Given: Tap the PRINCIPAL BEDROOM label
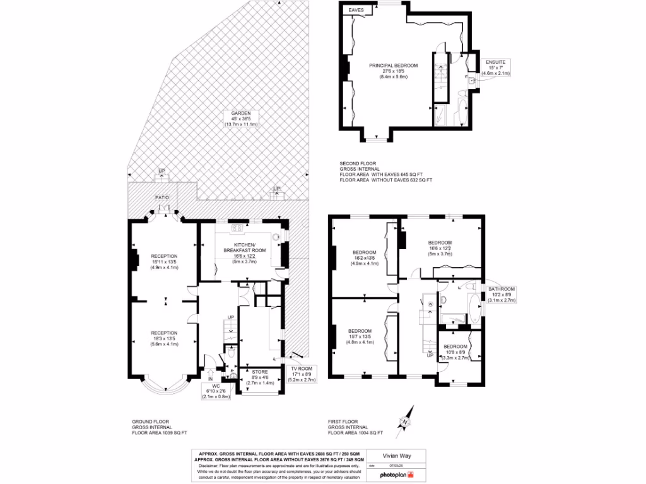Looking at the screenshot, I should point(394,71).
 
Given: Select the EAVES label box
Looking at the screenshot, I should point(356,10).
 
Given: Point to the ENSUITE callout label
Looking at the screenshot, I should point(495,67).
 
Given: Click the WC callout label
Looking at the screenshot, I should point(216,390).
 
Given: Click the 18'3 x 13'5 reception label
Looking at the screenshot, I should point(164,337).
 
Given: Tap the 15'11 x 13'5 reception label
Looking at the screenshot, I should point(164,262).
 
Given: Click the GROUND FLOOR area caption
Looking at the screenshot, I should point(160,427).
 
